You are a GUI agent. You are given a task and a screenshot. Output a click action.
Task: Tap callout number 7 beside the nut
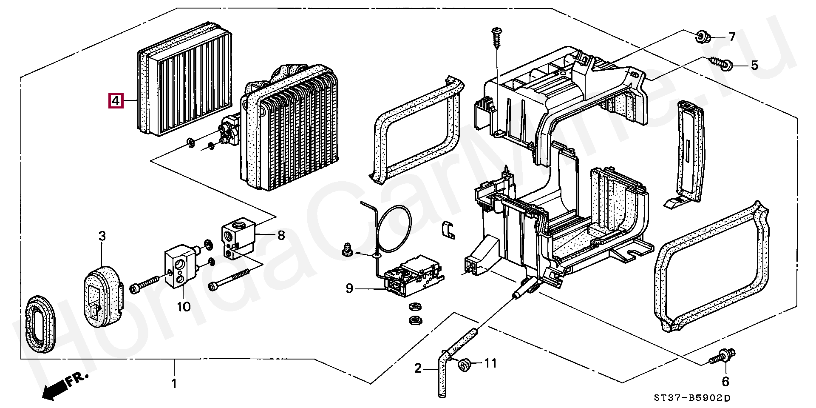point(731,37)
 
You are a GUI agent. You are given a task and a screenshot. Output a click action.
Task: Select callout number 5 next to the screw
point(754,65)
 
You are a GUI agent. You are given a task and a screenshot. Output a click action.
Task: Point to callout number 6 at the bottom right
point(725,382)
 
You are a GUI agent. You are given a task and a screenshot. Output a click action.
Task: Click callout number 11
point(490,363)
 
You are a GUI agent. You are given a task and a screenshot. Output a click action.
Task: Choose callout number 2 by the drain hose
point(418,368)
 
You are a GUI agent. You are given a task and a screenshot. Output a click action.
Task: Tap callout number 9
point(349,289)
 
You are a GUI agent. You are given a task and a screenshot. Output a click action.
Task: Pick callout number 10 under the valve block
point(184,307)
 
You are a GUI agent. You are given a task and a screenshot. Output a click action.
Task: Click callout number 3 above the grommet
point(102,236)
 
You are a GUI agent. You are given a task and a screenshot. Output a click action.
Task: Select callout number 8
point(281,235)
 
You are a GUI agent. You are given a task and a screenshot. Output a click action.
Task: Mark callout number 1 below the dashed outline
point(174,384)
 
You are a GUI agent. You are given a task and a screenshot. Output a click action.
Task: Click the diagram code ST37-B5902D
point(692,398)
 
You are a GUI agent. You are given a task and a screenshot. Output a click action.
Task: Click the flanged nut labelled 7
point(702,37)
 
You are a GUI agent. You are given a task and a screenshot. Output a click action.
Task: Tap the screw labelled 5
point(721,63)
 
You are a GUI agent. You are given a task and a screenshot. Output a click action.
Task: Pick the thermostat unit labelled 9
point(413,275)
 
